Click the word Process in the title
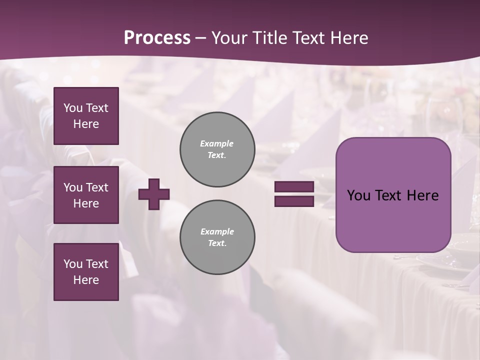(157, 37)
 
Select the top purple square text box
(86, 116)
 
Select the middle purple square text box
(86, 195)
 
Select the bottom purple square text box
(86, 272)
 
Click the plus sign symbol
(154, 194)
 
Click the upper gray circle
(217, 149)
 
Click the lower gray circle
(217, 237)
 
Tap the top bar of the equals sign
(294, 186)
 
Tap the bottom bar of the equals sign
(294, 201)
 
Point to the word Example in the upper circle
(217, 143)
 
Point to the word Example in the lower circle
(217, 231)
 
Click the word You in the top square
(73, 108)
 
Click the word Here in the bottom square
(86, 280)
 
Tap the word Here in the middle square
(86, 203)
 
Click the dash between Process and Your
(200, 38)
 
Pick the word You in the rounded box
(358, 195)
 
